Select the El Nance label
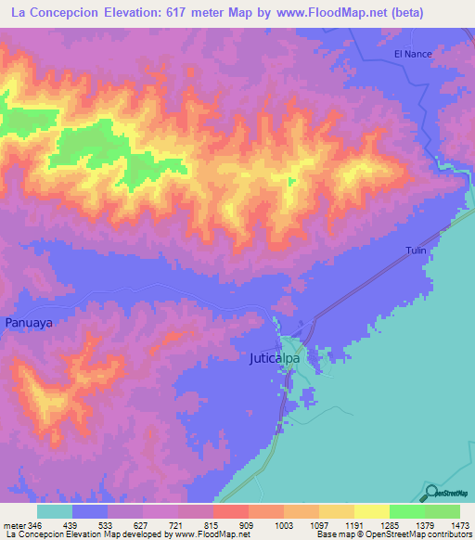point(413,55)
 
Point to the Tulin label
point(416,251)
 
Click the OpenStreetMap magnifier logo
point(431,493)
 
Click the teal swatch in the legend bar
point(55,511)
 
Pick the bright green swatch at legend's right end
point(443,511)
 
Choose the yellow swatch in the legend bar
point(371,511)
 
